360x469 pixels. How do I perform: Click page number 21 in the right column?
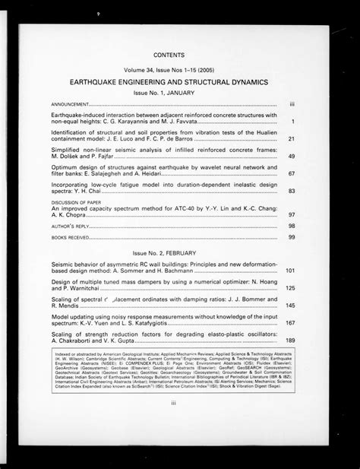point(292,139)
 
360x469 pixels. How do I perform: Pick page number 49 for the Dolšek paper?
point(292,157)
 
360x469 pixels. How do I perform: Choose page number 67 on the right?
point(292,174)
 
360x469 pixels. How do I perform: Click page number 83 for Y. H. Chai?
point(292,192)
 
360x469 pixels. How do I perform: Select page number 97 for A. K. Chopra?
point(292,215)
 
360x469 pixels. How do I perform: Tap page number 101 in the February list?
point(290,271)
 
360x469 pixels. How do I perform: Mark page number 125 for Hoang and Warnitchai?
point(290,288)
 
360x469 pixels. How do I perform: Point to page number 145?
point(290,306)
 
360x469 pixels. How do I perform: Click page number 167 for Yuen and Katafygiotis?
point(290,323)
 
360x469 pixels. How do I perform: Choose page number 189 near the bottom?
point(290,341)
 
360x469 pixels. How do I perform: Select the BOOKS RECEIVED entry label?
point(68,238)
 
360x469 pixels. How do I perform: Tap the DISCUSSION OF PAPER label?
point(74,203)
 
